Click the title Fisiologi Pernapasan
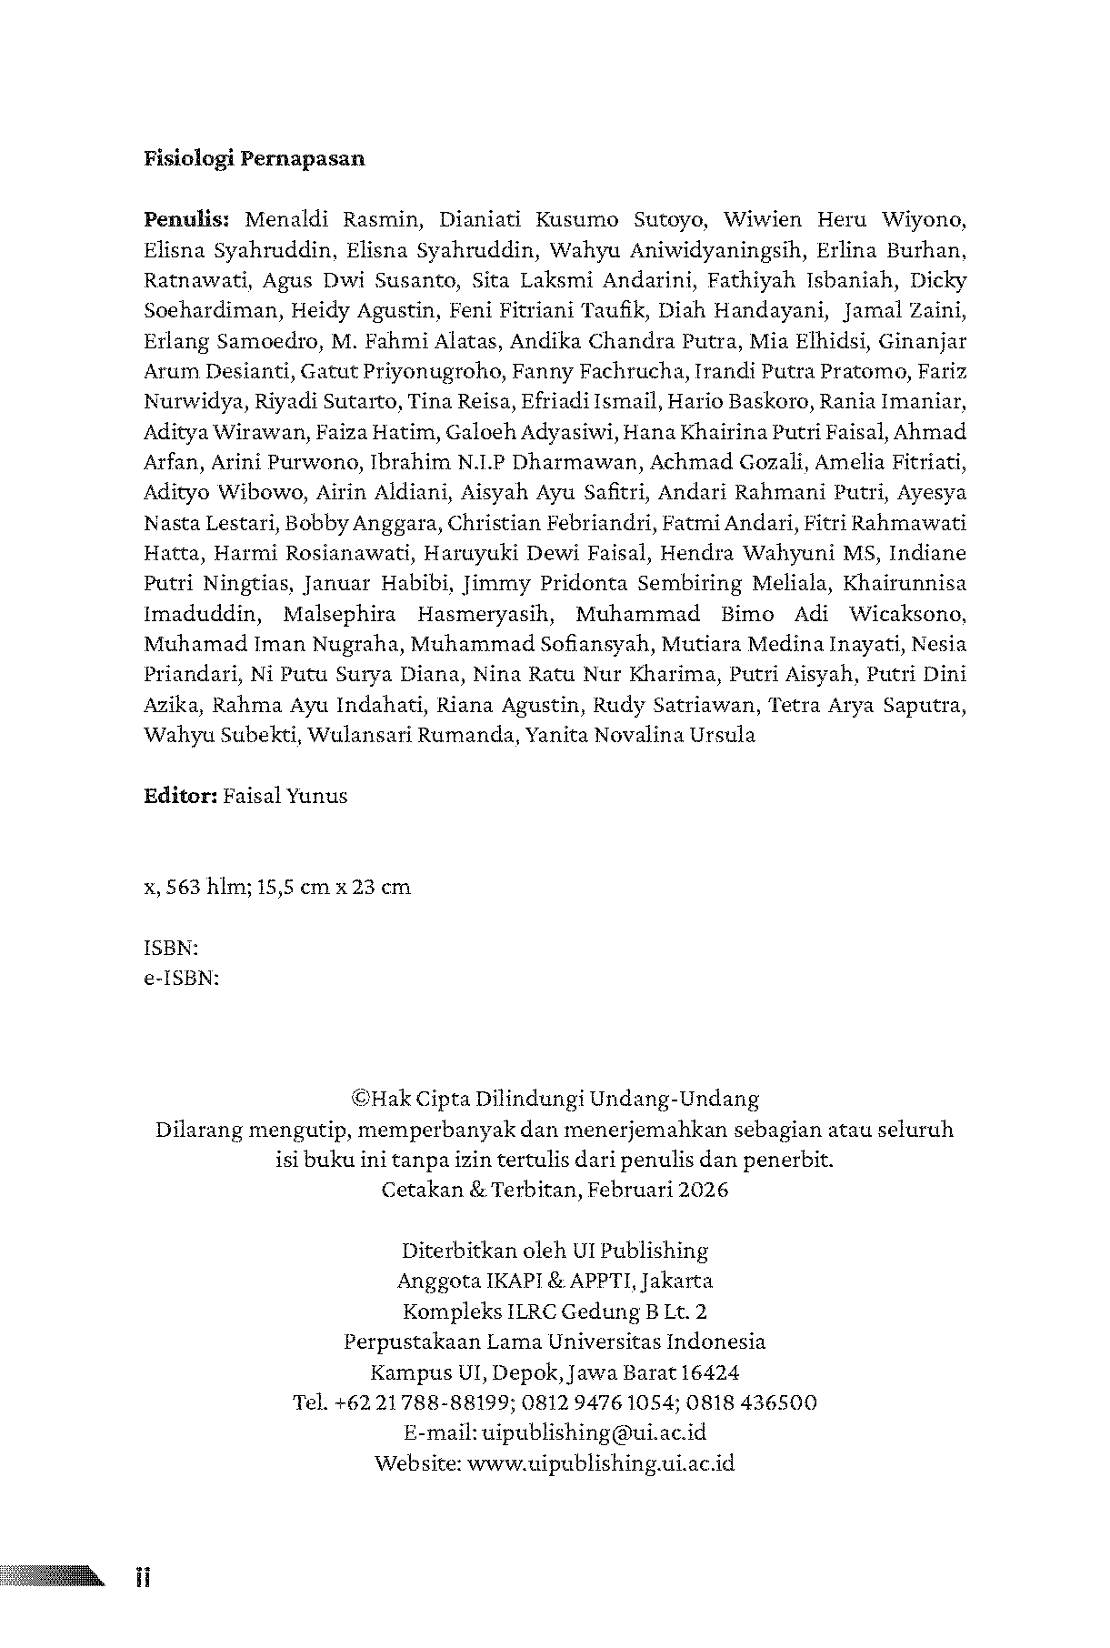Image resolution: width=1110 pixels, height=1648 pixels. click(x=255, y=158)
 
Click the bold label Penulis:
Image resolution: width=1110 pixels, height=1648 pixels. click(x=189, y=219)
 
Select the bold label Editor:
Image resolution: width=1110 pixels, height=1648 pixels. click(x=179, y=796)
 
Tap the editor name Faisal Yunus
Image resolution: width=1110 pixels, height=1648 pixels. click(x=285, y=796)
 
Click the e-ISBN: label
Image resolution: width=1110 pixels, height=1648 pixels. click(x=182, y=978)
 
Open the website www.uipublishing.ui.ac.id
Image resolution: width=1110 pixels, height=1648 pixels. click(x=603, y=1462)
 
